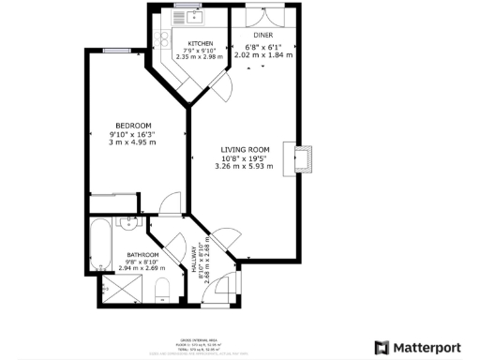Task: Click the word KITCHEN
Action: tap(201, 44)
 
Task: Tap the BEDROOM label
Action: tap(133, 125)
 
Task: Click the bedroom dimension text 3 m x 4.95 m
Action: tap(133, 142)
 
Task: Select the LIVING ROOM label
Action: tap(246, 149)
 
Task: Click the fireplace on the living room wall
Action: tap(304, 159)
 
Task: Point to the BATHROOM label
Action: tap(142, 255)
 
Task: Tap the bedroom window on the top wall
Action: tap(115, 50)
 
